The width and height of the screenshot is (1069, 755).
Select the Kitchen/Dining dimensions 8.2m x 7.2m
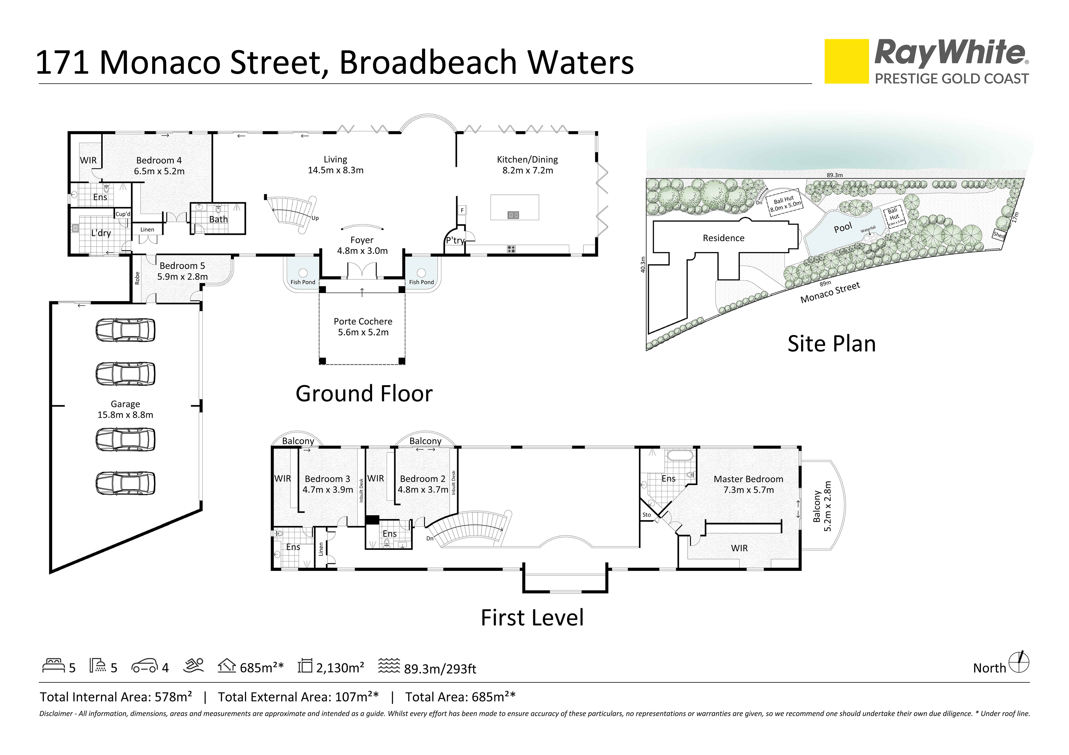(x=528, y=170)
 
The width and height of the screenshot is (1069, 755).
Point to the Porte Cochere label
(x=363, y=321)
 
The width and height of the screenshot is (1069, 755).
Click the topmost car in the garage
(x=125, y=331)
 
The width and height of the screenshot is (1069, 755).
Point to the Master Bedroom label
(x=748, y=479)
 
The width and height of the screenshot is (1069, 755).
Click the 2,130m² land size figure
(x=340, y=668)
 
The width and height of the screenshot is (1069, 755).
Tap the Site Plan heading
(x=831, y=344)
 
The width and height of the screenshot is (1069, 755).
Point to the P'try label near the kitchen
(x=455, y=240)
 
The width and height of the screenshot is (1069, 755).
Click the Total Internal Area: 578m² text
(x=116, y=697)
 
